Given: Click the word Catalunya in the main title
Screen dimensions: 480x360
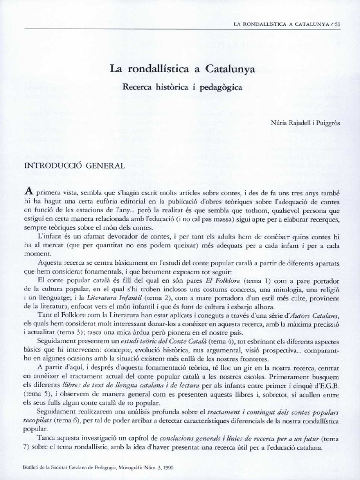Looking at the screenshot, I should (x=228, y=70).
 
